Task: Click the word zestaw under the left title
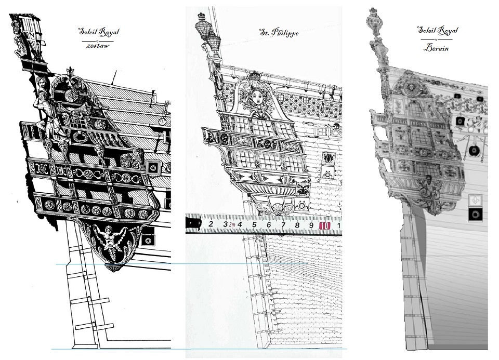tap(98, 46)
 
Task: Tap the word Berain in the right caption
tap(436, 48)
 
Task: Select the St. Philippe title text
tap(279, 32)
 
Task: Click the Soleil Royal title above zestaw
tap(99, 32)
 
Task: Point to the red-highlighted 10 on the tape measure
tap(324, 226)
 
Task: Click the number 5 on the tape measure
tap(254, 225)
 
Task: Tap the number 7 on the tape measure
tap(283, 225)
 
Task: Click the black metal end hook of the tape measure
tap(193, 223)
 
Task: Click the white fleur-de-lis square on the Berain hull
tap(475, 201)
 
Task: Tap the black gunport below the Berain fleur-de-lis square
tap(475, 215)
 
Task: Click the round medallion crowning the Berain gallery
tap(411, 87)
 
